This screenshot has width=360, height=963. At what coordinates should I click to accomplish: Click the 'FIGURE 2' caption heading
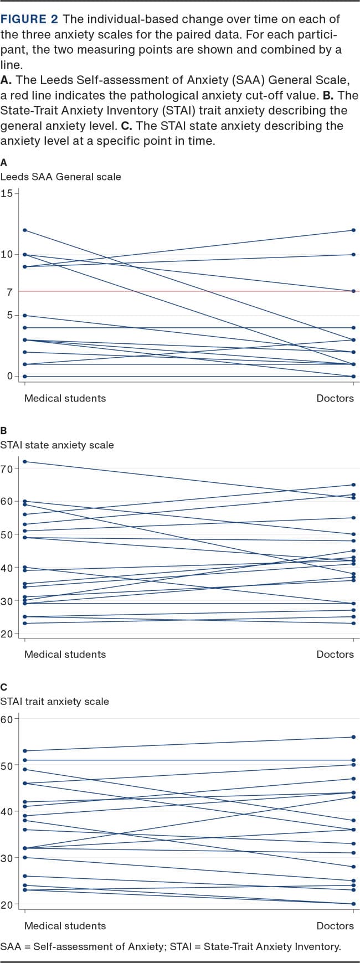click(x=29, y=19)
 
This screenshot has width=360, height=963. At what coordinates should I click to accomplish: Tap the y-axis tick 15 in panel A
click(x=7, y=193)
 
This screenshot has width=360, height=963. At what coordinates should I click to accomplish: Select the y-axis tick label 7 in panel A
click(x=9, y=292)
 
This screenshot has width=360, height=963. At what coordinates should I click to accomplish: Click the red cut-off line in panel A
click(x=188, y=291)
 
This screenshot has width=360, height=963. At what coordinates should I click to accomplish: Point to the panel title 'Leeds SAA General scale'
click(x=60, y=177)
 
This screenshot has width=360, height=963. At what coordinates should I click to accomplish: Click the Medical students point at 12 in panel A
click(x=24, y=230)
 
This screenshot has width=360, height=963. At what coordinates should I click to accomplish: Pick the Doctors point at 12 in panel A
click(x=354, y=230)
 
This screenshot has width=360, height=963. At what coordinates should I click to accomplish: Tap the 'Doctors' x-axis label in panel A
click(x=335, y=398)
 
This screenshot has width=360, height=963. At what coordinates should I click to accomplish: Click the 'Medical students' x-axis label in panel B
click(x=65, y=654)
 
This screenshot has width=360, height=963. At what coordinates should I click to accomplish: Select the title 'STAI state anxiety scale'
click(x=57, y=445)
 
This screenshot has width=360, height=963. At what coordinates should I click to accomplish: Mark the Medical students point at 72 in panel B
click(x=24, y=461)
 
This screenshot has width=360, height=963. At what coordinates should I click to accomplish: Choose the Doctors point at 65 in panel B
click(x=354, y=485)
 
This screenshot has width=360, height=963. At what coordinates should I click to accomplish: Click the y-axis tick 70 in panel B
click(x=7, y=468)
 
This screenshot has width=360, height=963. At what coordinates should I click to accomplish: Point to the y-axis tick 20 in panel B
click(x=7, y=634)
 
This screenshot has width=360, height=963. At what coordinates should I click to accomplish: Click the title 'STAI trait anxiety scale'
click(x=54, y=701)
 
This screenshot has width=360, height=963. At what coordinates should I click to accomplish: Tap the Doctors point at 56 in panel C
click(x=354, y=737)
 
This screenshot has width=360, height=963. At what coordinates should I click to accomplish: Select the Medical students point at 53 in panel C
click(x=24, y=751)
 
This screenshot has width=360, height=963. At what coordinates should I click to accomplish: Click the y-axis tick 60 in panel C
click(x=7, y=719)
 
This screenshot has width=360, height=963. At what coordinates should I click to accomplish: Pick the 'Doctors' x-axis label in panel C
click(x=335, y=926)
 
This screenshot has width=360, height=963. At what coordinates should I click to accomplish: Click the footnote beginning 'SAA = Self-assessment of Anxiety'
click(x=171, y=946)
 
